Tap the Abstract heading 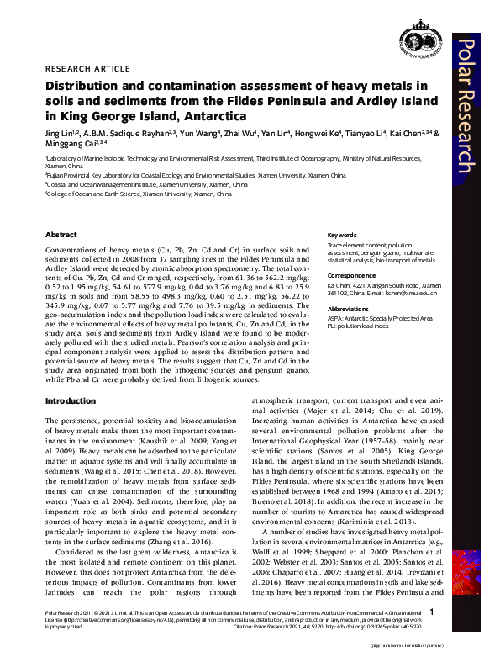(x=61, y=235)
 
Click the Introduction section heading (x=70, y=401)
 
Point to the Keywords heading (x=341, y=235)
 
